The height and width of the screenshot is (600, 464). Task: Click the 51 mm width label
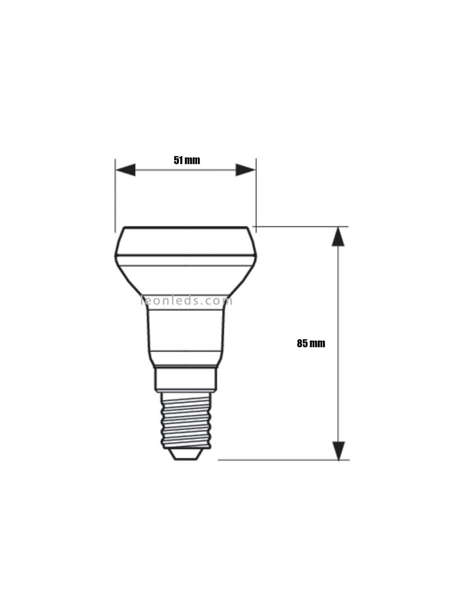click(187, 160)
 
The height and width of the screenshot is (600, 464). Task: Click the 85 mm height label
click(311, 343)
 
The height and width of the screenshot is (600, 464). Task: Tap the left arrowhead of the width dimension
click(126, 170)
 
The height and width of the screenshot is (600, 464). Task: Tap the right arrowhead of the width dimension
click(245, 170)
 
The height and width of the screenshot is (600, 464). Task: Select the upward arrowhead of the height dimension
click(338, 237)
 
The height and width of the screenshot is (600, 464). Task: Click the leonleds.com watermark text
click(186, 301)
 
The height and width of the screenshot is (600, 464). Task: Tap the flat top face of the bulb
click(186, 228)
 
